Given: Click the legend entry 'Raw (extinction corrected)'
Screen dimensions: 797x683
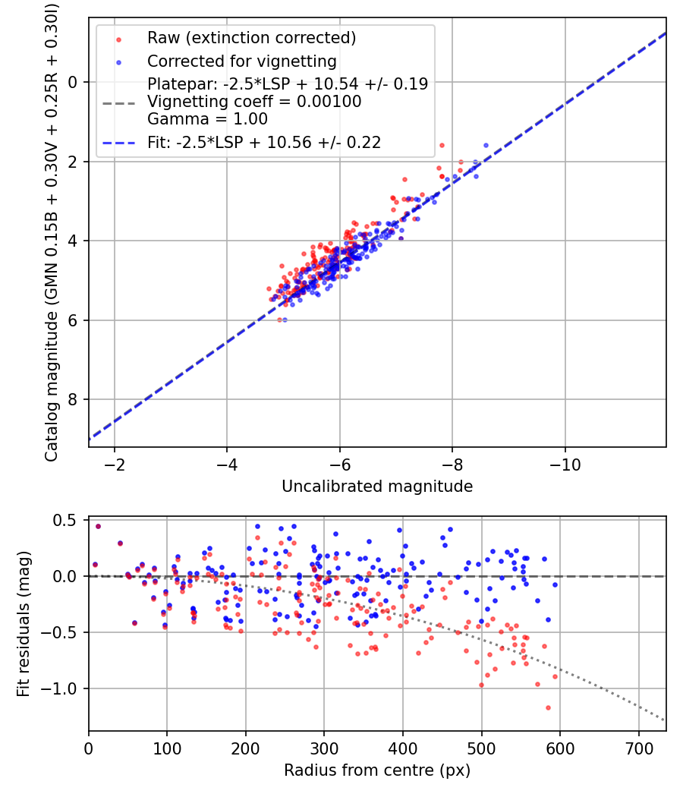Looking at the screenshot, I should coord(251,38).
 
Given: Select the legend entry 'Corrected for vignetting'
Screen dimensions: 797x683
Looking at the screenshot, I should coord(242,61).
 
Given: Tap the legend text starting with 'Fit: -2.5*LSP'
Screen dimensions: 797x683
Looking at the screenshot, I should coord(264,142).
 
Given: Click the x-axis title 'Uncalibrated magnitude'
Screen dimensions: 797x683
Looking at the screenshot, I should coord(377,487).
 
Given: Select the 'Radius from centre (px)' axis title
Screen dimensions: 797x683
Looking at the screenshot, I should coord(377,770).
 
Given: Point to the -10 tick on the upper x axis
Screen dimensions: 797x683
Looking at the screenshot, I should coord(565,464).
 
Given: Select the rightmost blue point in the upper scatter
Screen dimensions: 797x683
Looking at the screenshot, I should coord(486,144).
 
